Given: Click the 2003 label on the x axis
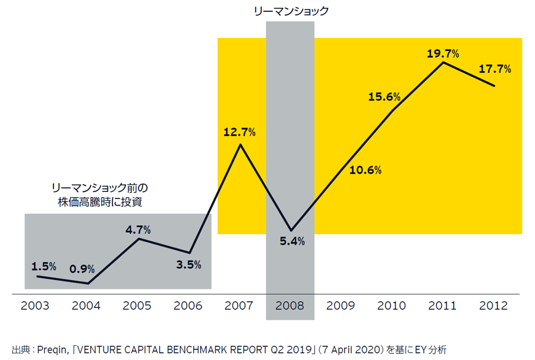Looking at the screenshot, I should pos(35,306).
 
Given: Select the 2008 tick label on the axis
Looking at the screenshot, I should pos(290,306).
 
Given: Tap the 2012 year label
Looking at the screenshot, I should pos(493,306).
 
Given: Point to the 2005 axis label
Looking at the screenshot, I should pos(137,306).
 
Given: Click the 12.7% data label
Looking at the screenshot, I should pos(240,132).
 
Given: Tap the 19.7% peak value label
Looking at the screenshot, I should pos(443,53).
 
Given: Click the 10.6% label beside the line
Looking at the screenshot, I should pos(366,170).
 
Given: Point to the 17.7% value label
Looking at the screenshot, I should pos(495,69).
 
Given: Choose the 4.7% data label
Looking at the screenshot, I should pos(137,229).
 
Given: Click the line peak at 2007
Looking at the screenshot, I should pos(240,144).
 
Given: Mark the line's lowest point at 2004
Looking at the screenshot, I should pos(88,283).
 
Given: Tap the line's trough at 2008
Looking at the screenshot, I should pos(291,230).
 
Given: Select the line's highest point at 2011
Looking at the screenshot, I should pos(443,62).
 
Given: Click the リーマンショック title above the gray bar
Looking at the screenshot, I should pos(290,11).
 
